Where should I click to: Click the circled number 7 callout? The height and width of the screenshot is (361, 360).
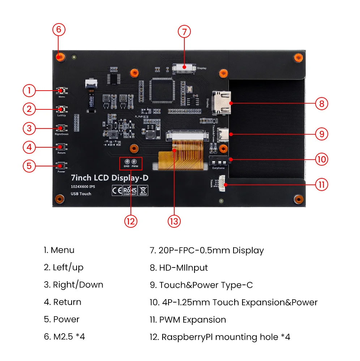pos(184,32)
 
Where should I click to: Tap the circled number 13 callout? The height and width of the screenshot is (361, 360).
pos(174,221)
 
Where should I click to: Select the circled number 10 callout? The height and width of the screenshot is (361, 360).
pos(321,159)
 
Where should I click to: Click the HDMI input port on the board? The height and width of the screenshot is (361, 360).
pos(222,103)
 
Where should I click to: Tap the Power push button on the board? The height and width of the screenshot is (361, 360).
pos(61,166)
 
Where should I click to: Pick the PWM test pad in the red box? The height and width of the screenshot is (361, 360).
pos(134,162)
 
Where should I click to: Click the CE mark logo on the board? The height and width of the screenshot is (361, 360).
pos(117,191)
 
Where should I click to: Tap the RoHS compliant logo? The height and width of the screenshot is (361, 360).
pos(130,191)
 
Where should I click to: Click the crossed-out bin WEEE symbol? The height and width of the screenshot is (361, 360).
pos(143,191)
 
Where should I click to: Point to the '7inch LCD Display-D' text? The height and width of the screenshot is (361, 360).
pos(109,178)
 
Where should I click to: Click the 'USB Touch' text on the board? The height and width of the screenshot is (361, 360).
pos(81,194)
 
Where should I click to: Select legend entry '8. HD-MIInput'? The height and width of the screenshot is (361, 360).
pos(179,268)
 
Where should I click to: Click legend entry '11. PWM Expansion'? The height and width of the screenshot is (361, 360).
pos(188,320)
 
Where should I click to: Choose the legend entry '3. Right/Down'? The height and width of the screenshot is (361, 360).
pos(73,285)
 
